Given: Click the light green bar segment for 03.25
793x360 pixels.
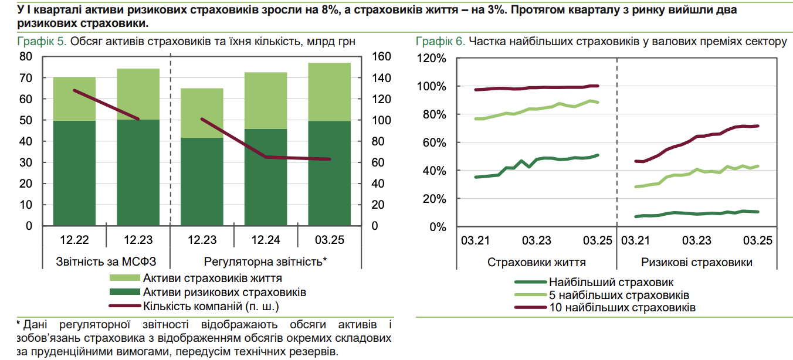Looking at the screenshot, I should pos(330,91).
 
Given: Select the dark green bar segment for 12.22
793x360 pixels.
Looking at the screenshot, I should pos(74,173).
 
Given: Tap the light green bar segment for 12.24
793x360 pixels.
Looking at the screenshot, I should pos(266,100).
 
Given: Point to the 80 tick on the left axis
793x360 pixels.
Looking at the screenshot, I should pos(25,57).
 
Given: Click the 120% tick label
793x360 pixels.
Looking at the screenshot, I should pos(432,59).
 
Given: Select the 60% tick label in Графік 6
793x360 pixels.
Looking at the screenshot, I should pos(435,142).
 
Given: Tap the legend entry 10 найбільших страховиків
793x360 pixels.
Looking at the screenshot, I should pos(622,308).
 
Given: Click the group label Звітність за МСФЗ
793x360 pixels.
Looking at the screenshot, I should pos(107,261).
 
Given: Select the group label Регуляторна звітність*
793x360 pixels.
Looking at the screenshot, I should pos(265,261).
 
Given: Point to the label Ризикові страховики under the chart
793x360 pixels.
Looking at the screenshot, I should pos(696,262).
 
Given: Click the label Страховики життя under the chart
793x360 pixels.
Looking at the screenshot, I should pos(536,262).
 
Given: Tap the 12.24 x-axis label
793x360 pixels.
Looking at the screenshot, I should pos(266,240).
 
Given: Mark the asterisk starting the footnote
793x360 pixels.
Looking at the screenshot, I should pos(19,324).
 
